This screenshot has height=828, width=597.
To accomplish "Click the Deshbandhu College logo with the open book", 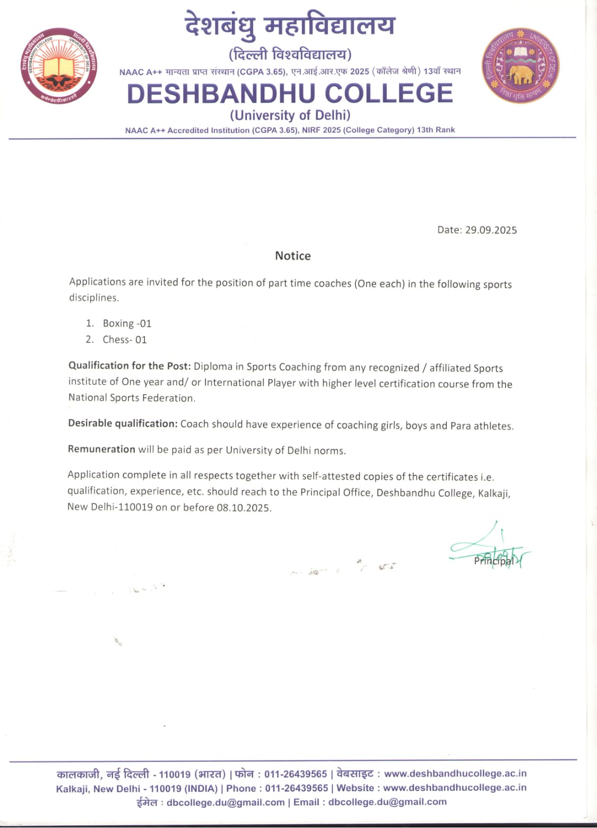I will (59, 66).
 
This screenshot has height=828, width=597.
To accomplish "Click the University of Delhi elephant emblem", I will (520, 66).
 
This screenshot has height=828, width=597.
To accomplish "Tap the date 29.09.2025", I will (490, 230).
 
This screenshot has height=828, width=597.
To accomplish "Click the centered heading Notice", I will (293, 256).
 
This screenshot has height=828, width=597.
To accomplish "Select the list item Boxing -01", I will (127, 324).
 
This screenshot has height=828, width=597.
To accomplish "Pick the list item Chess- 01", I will (124, 340).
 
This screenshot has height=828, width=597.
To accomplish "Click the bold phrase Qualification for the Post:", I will (129, 366).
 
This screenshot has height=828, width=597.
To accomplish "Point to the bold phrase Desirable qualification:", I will (123, 424).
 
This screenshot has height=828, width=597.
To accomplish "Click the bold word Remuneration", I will (101, 449).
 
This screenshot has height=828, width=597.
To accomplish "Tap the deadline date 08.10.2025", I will (243, 507).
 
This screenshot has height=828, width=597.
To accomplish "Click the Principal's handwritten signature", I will (489, 550).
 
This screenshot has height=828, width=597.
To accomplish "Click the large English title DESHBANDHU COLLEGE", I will (290, 94).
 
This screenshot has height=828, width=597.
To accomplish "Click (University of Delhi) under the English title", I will (290, 115).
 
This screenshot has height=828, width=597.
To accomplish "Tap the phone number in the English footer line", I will (297, 788).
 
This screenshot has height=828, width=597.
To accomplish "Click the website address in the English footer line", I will (455, 788).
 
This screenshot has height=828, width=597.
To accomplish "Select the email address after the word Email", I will (387, 802).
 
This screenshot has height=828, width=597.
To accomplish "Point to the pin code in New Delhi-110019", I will (136, 507).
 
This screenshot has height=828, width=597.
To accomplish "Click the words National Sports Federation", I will (132, 398).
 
